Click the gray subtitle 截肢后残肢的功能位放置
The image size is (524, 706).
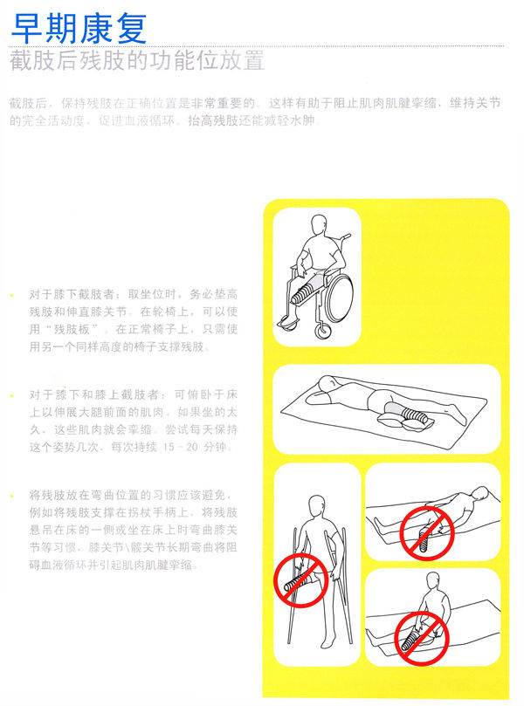coord(135,63)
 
